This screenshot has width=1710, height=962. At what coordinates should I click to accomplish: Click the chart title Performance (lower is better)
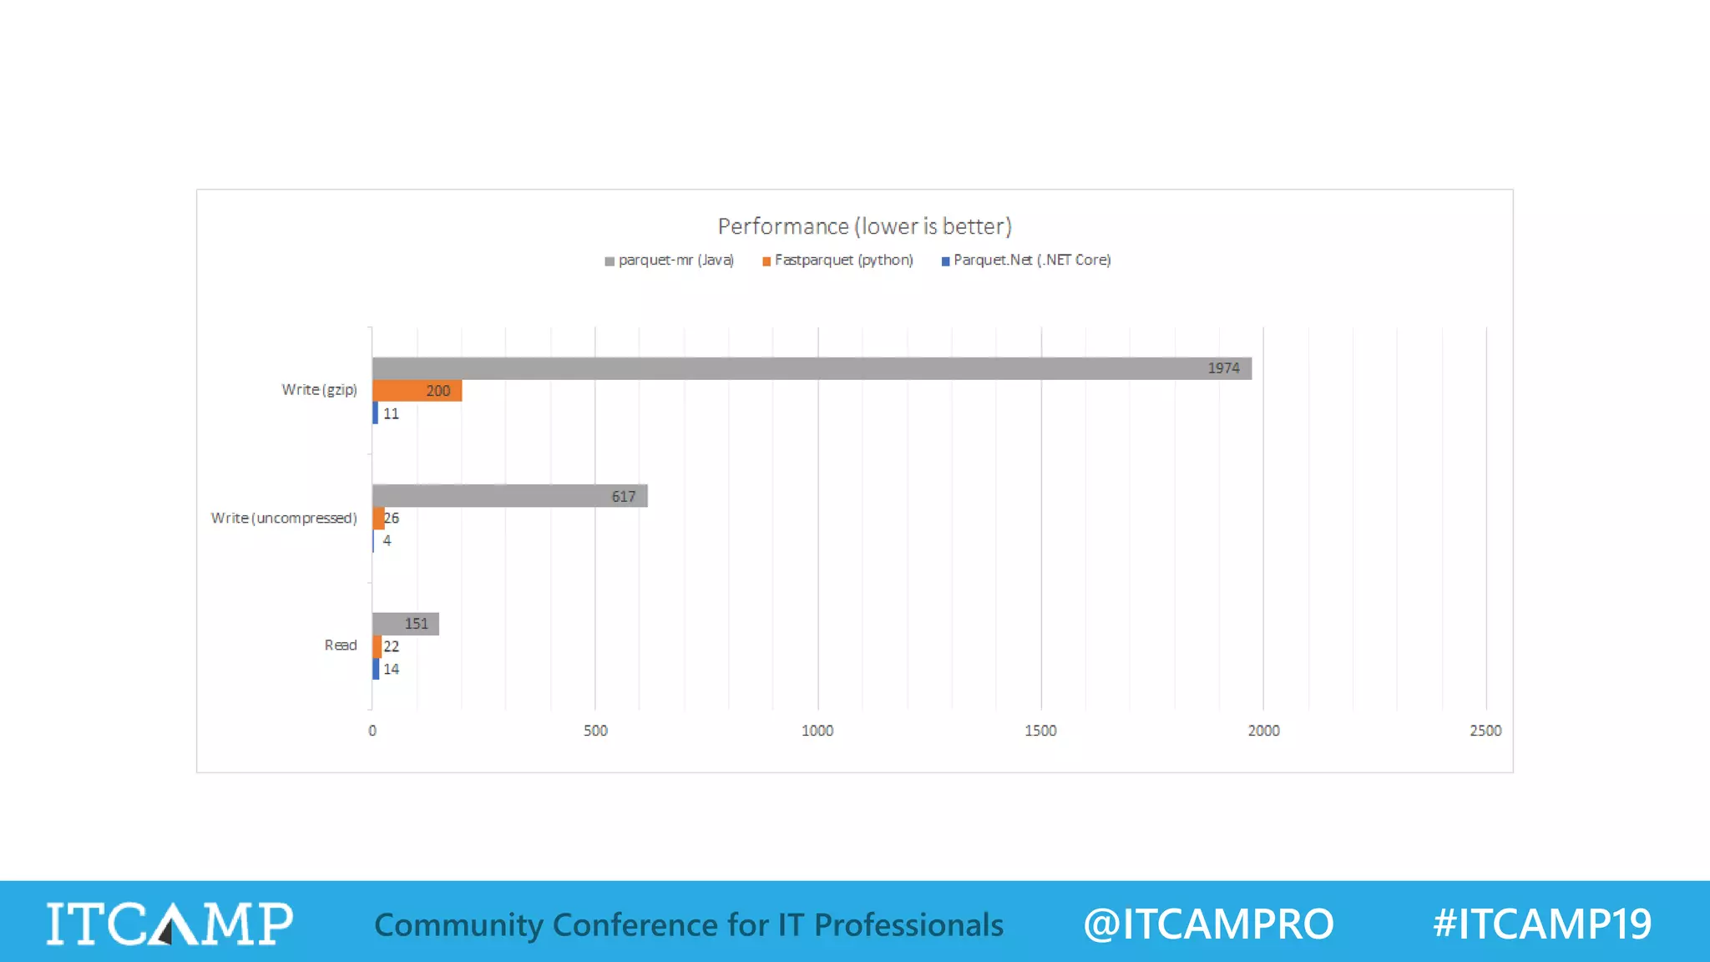point(864,226)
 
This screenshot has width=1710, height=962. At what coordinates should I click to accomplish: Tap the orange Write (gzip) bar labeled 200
point(417,391)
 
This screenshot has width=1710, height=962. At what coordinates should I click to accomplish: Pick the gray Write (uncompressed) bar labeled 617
point(509,496)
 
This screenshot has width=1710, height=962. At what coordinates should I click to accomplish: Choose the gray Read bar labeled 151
point(405,624)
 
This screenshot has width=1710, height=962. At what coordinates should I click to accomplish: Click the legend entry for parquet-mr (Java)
point(670,261)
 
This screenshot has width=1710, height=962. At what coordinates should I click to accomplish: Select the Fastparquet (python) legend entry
point(838,261)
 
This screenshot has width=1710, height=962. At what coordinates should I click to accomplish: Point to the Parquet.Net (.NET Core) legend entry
point(1027,261)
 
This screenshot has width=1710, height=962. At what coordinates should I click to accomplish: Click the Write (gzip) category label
point(319,390)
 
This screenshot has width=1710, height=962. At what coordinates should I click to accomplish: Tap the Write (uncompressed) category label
point(284,519)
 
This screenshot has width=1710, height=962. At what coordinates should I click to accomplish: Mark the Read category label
point(340,646)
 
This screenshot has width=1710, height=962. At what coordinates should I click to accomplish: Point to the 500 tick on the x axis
point(595,731)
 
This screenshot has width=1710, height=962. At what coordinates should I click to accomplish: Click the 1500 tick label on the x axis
point(1040,731)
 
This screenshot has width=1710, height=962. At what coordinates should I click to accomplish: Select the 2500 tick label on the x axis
point(1485,731)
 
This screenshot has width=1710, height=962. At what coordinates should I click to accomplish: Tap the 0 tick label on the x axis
point(372,731)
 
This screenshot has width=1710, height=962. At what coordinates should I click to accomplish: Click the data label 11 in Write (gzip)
point(391,414)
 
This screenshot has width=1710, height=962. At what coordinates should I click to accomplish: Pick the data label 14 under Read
point(391,670)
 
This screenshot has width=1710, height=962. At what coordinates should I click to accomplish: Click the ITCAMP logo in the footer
point(169,924)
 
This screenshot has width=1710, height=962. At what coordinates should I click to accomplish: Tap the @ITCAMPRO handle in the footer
point(1208,924)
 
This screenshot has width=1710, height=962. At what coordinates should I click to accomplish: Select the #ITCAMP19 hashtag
point(1542,924)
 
